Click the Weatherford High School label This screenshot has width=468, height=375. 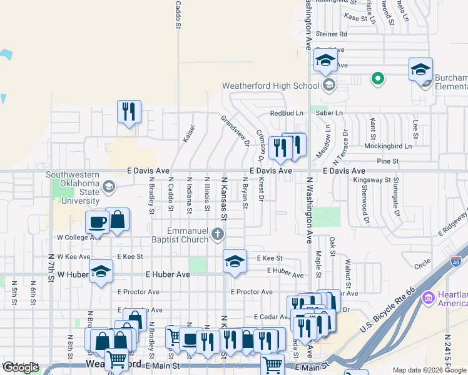(x=271, y=86)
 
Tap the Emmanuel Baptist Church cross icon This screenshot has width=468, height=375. (x=218, y=234)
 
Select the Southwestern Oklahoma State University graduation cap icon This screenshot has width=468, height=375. (x=109, y=186)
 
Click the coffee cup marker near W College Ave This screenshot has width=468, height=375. (x=98, y=221)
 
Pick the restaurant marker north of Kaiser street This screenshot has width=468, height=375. (x=130, y=112)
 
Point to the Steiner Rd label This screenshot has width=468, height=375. (x=332, y=34)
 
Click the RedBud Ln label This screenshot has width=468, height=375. (x=287, y=113)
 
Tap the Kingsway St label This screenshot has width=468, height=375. (x=372, y=180)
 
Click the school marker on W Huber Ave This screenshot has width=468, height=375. (x=101, y=271)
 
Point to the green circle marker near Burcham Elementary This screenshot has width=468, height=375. (x=377, y=78)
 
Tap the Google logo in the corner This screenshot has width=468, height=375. (x=21, y=367)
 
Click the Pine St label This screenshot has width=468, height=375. (x=388, y=161)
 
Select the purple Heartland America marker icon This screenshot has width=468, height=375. (x=429, y=297)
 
